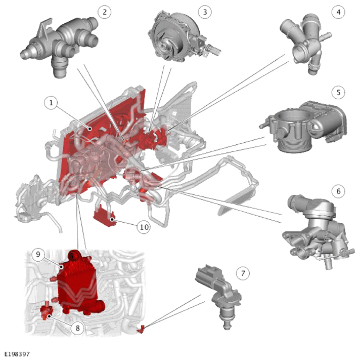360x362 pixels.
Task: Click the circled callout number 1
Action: (x=51, y=102)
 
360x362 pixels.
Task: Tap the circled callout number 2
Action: (x=105, y=12)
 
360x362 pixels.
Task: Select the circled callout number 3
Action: (x=205, y=12)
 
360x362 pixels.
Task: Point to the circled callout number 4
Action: (x=338, y=12)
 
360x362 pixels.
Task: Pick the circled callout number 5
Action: (x=338, y=92)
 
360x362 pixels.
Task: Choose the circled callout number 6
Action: (x=338, y=191)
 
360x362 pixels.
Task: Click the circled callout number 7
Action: (x=243, y=273)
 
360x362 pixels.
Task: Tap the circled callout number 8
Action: (x=77, y=328)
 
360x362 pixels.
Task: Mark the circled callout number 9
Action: (x=38, y=254)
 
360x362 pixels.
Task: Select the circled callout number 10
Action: (x=144, y=227)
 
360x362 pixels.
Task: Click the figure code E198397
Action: (x=17, y=354)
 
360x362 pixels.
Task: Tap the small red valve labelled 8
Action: (x=46, y=312)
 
